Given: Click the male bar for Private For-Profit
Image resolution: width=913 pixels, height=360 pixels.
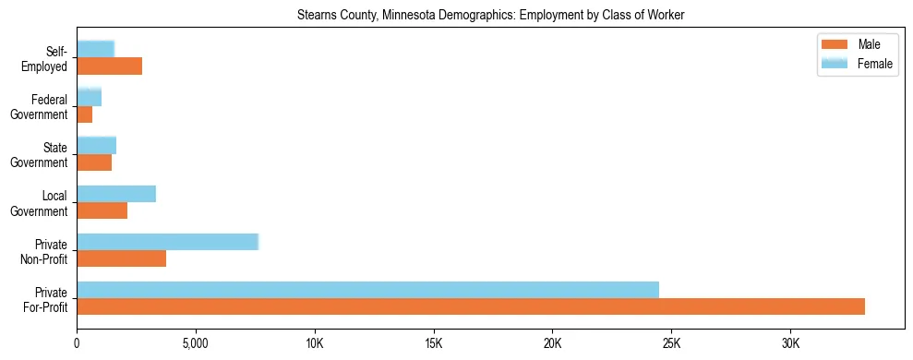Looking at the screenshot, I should [471, 306].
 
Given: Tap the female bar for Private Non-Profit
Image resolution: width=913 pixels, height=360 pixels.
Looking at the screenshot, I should [167, 241].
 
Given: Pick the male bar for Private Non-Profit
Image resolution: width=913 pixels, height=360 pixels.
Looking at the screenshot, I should [121, 258].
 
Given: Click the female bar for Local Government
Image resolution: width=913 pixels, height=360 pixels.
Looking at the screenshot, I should [116, 193].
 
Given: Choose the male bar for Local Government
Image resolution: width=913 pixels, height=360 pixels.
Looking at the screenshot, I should [102, 210].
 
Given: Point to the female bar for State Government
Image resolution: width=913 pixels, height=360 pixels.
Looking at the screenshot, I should [96, 145].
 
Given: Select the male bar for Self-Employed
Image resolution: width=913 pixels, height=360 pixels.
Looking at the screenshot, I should [109, 66].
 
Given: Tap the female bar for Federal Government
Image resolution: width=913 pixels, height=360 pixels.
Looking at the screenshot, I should [89, 97].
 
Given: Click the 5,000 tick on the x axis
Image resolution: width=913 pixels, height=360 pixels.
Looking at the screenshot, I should [196, 342].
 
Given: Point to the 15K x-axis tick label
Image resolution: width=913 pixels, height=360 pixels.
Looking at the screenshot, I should [433, 342].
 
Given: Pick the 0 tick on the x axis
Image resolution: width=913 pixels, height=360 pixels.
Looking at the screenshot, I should [77, 342].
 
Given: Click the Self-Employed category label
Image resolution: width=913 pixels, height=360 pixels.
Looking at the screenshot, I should [50, 58].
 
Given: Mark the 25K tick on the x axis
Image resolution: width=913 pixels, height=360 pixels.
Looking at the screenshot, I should [671, 342].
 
